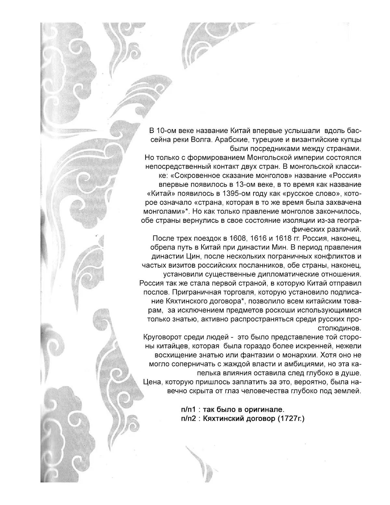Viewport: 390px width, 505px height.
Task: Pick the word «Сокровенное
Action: point(194,176)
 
